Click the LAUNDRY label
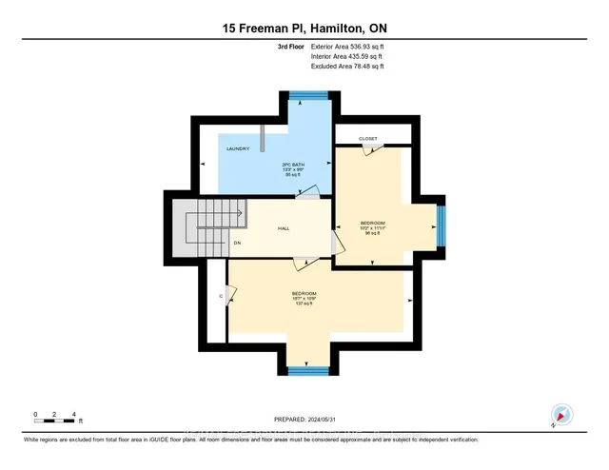click(x=238, y=148)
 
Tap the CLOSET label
click(x=368, y=138)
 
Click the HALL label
click(x=284, y=228)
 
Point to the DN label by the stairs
click(x=237, y=243)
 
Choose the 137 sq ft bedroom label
click(x=304, y=298)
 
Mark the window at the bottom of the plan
click(x=305, y=371)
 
